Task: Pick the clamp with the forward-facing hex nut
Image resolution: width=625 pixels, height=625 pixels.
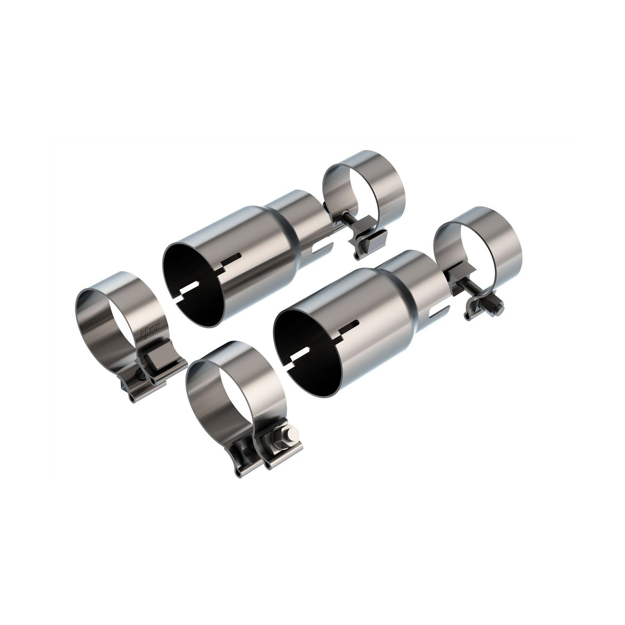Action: tap(234, 402)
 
